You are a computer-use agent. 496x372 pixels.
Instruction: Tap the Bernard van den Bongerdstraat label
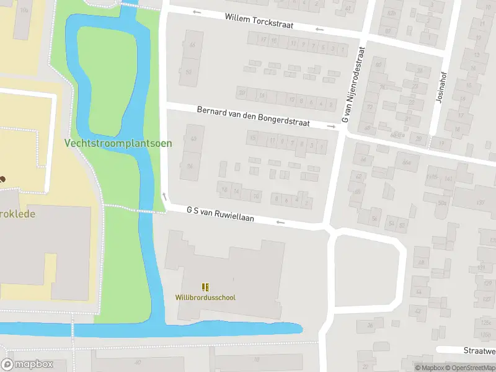point(262,117)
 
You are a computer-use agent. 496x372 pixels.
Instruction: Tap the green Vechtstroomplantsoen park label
point(118,143)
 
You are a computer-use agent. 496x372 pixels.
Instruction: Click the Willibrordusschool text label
point(205,298)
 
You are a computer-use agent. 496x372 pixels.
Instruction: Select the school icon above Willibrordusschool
point(205,286)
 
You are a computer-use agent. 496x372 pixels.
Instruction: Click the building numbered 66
point(192,45)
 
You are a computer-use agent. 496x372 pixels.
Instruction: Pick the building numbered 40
point(193,138)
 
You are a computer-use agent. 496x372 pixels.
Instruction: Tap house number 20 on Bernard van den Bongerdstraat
point(242,93)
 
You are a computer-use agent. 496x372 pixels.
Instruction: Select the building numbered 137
point(479,202)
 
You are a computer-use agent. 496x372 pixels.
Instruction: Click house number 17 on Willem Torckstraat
point(263,40)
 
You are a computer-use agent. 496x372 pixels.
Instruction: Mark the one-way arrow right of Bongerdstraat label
point(332,127)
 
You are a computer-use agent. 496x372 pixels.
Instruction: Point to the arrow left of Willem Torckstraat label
point(197,12)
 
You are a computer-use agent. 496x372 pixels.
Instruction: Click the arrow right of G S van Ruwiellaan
point(280,222)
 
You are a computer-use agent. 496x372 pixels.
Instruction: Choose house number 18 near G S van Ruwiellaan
point(224,189)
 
